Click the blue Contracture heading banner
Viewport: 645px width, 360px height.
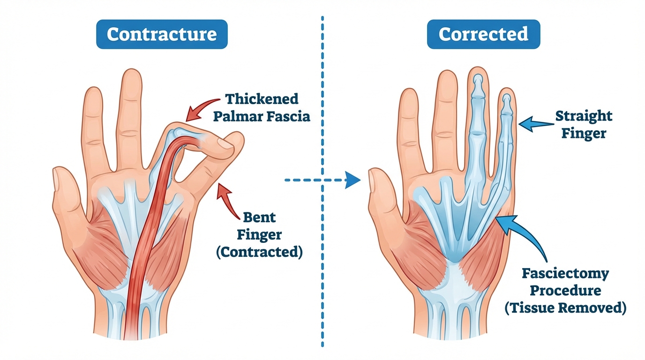[x=162, y=35]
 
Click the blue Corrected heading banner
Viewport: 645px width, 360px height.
[x=483, y=35]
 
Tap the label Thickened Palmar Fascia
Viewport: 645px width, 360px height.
[x=262, y=107]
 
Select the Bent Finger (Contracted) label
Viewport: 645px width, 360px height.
[x=259, y=234]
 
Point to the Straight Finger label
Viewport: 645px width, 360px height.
[x=584, y=124]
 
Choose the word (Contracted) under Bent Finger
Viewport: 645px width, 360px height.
[x=259, y=252]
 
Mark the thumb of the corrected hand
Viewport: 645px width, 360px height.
[x=382, y=197]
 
